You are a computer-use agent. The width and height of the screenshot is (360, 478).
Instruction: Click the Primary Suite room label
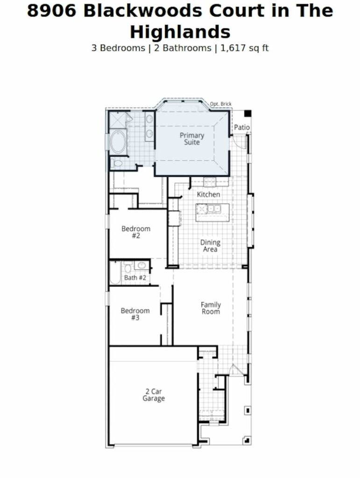tap(192, 139)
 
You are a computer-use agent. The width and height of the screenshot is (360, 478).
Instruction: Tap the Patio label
tap(242, 127)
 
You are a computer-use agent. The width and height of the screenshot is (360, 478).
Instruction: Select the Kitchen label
tap(208, 195)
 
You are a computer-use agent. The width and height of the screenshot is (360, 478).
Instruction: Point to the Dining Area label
tap(210, 246)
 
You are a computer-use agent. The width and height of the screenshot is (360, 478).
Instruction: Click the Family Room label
tap(211, 308)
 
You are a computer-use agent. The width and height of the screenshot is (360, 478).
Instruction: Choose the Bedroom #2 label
tap(136, 232)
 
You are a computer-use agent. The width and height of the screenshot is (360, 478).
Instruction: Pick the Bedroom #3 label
tap(135, 314)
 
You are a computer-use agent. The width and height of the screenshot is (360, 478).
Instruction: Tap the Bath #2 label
tap(135, 278)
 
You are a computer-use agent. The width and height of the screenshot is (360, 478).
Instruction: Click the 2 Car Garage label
tap(154, 395)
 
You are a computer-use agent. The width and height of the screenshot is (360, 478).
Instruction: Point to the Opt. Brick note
tap(221, 104)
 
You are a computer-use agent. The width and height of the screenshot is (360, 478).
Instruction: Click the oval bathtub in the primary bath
tap(118, 142)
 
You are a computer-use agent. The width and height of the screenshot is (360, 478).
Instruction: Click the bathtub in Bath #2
tap(115, 273)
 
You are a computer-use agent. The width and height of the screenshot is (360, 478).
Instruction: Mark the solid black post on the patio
tap(247, 114)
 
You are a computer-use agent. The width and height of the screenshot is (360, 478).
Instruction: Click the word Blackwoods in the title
tap(142, 11)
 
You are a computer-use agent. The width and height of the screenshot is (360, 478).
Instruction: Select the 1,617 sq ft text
tap(244, 48)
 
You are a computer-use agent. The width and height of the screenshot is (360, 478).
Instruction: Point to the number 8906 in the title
tap(51, 11)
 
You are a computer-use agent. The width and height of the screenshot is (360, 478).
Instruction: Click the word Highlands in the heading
tap(180, 32)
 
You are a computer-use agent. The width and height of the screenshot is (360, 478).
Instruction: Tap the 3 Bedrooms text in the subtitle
tap(118, 48)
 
